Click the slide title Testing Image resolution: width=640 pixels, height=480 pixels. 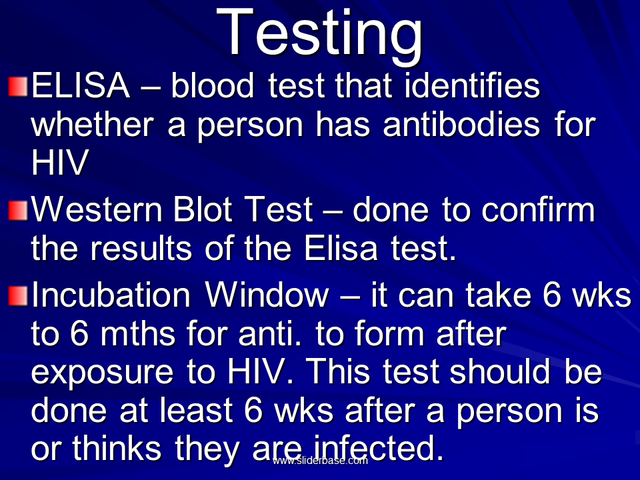(x=319, y=35)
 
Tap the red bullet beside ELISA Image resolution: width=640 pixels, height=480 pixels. (x=18, y=86)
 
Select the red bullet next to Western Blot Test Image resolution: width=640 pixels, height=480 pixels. (x=18, y=210)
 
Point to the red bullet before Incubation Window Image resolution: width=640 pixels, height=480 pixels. (x=18, y=296)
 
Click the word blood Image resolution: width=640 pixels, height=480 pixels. (x=212, y=85)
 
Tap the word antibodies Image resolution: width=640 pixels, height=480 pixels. (x=461, y=124)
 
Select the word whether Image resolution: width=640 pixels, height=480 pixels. (x=93, y=124)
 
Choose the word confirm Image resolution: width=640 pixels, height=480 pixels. (x=539, y=209)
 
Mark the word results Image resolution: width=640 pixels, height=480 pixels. (x=141, y=248)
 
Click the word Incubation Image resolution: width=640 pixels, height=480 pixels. (x=111, y=295)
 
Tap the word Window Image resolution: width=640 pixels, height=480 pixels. (x=267, y=295)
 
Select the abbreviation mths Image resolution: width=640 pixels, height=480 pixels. (x=138, y=333)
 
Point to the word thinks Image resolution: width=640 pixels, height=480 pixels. (x=117, y=448)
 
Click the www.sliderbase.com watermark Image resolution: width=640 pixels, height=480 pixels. (x=320, y=461)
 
